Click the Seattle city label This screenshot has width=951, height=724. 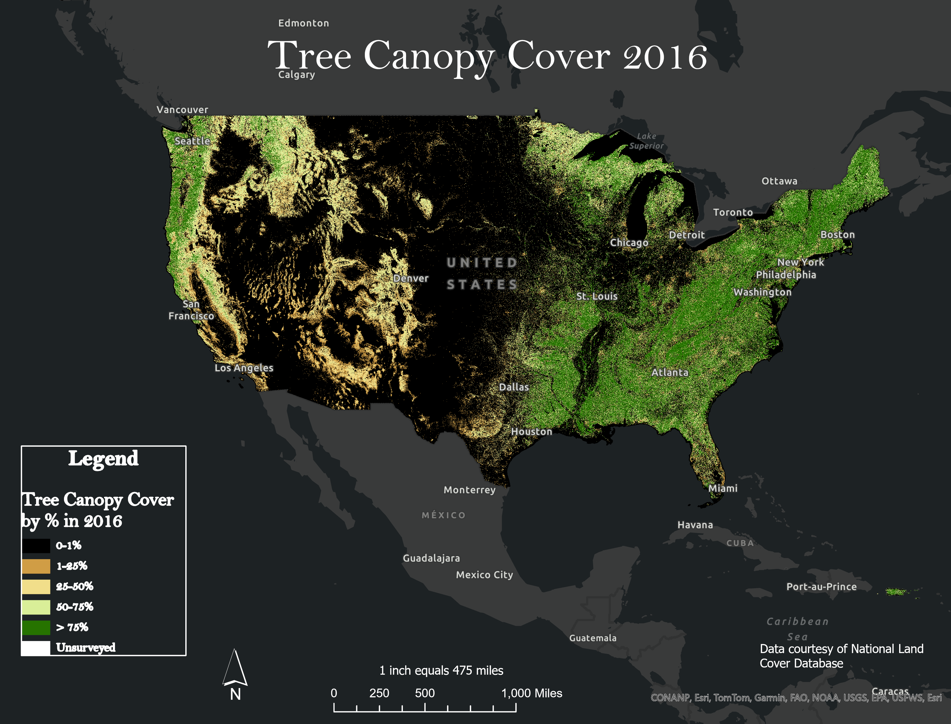coord(192,141)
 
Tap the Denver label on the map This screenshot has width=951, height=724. coord(411,278)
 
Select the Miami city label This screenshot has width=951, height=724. coord(723,488)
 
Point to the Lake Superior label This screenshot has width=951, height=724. coord(646,141)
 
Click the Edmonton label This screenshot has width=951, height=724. coord(303,23)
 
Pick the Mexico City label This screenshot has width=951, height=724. coord(484,575)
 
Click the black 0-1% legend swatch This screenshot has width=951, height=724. coord(36,546)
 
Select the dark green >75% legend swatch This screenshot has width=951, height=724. coord(36,627)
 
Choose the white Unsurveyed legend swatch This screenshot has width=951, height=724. coord(36,648)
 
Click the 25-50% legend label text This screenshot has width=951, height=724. coord(75,587)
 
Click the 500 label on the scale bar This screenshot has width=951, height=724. coord(424,693)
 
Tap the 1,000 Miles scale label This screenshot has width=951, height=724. coord(531,693)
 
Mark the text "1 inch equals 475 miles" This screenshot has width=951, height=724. coord(441,671)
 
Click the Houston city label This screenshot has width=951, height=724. coord(531,431)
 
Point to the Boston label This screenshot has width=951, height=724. coord(837,235)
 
